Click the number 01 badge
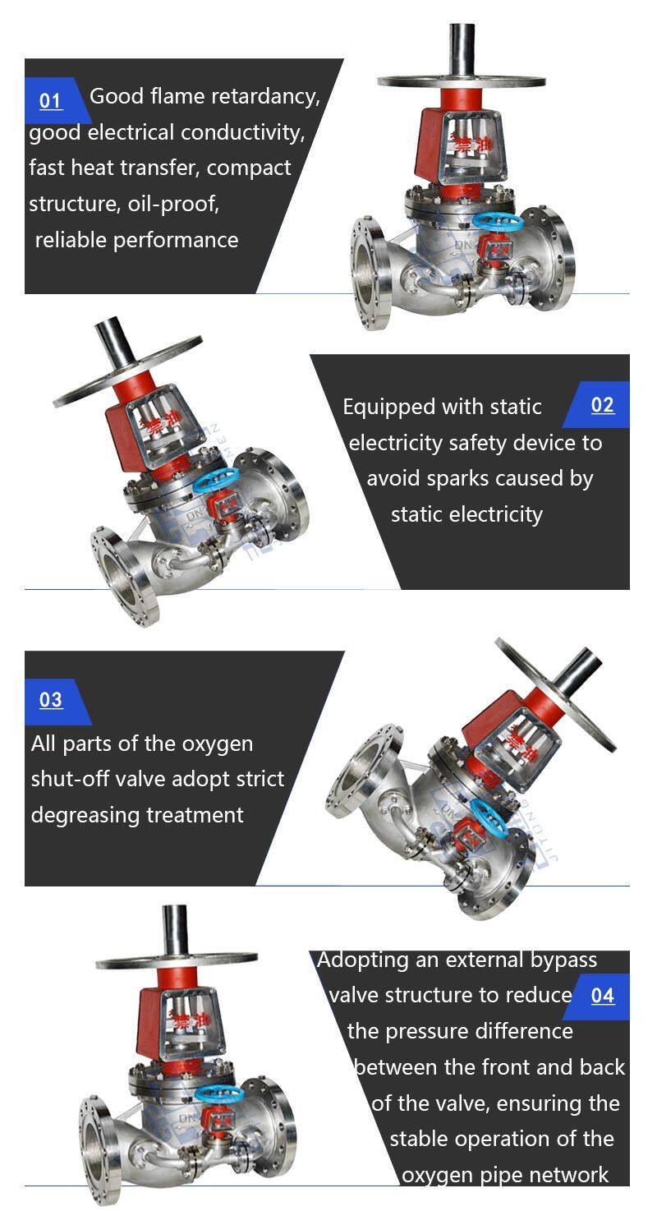(51, 100)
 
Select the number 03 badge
(51, 701)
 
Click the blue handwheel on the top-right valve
(497, 220)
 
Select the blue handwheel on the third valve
(489, 819)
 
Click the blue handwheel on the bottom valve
(220, 1094)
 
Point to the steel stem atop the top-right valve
(462, 51)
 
